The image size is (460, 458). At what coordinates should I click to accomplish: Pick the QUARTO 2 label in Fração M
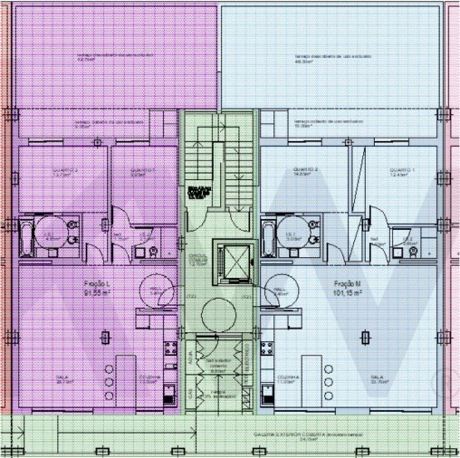(x=304, y=169)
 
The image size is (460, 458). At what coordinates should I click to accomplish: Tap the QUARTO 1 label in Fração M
(x=401, y=169)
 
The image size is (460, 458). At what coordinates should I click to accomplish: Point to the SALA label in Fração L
(x=64, y=379)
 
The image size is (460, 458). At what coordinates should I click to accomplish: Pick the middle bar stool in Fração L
(x=109, y=383)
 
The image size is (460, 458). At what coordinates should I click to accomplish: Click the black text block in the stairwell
(x=198, y=191)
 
